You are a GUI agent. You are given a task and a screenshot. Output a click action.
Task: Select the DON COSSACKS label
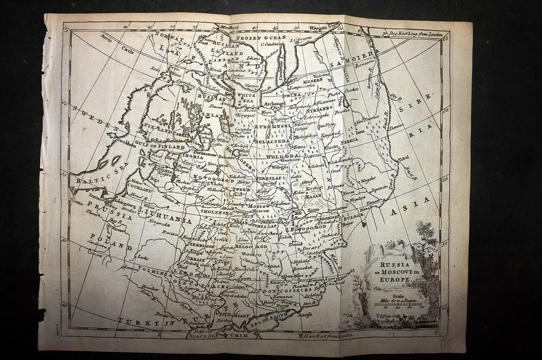pyautogui.click(x=283, y=291)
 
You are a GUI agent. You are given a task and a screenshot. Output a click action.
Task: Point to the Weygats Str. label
pyautogui.click(x=328, y=23)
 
